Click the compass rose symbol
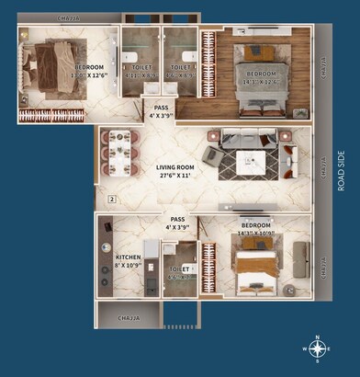(318, 348)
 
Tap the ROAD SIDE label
(341, 171)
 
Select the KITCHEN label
(128, 257)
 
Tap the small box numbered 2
(112, 198)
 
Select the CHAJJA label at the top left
(67, 17)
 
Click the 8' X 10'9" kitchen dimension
(128, 267)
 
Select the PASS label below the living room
(177, 219)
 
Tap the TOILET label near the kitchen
(179, 268)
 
